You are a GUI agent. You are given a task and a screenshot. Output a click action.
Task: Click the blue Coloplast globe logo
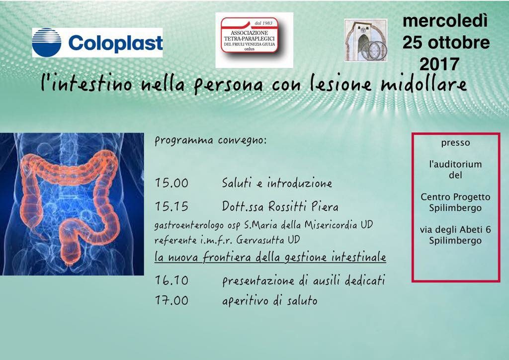[x=47, y=43]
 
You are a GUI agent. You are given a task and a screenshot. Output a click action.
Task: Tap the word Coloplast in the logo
[x=115, y=43]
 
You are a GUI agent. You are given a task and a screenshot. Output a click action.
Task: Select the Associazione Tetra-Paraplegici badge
[x=250, y=35]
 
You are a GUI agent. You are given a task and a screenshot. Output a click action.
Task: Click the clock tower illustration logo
[x=366, y=40]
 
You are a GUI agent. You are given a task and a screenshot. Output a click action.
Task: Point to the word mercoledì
[x=445, y=21]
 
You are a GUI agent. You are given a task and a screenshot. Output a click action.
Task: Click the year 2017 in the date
[x=439, y=64]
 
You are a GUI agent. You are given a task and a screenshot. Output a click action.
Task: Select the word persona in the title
[x=228, y=85]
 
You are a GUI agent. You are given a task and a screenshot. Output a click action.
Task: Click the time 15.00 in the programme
[x=171, y=183]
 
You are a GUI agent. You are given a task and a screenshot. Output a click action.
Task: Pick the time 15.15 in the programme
[x=171, y=206]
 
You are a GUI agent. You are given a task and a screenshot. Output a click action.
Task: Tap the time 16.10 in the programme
[x=171, y=280]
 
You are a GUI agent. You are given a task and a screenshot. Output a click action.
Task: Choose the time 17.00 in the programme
[x=171, y=300]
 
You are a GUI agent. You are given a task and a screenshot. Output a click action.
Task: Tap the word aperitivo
[x=245, y=301]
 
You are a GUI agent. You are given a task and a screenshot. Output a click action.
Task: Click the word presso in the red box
[x=455, y=143]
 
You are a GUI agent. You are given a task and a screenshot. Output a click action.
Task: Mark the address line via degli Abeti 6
[x=455, y=230]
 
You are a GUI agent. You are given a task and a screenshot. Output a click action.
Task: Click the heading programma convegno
[x=210, y=141]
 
